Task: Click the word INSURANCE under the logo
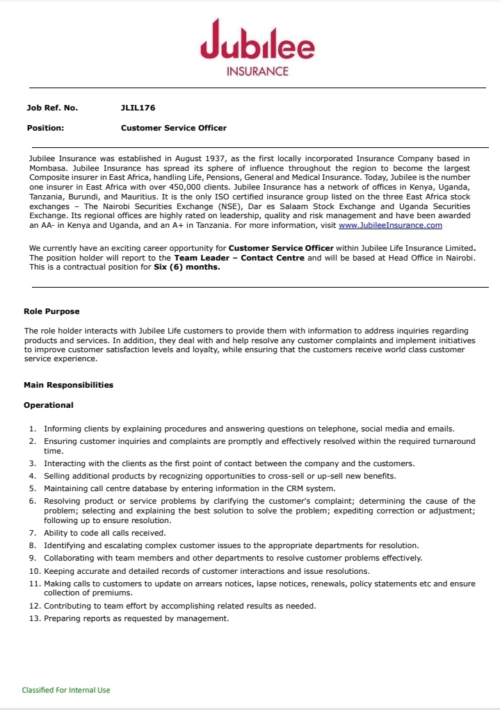(x=257, y=71)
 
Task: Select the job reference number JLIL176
(x=138, y=108)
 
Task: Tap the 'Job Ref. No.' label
(x=52, y=108)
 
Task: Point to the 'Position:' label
(x=45, y=128)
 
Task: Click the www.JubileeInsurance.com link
(x=390, y=225)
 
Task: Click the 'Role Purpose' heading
(x=51, y=311)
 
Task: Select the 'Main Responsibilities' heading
(x=68, y=385)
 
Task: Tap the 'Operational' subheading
(x=48, y=405)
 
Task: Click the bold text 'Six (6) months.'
(x=186, y=267)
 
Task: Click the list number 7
(x=32, y=533)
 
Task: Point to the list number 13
(x=34, y=618)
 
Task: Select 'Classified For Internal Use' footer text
(x=66, y=690)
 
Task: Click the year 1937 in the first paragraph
(x=215, y=159)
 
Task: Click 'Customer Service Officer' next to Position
(x=173, y=128)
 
